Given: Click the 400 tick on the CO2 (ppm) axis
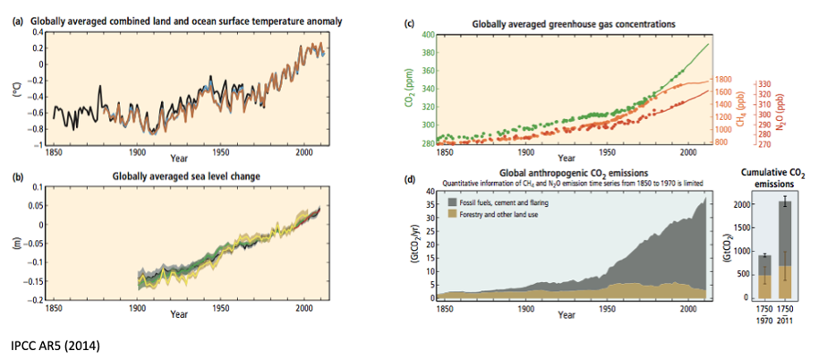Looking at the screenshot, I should coord(428,35).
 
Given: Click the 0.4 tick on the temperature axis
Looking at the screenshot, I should coord(37,31).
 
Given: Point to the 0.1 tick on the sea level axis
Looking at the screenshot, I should coord(37,188).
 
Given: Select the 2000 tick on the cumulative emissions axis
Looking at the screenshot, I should coord(738,204).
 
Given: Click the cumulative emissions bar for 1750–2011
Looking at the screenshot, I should coord(784,251).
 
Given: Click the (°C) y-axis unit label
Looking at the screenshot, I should coord(15,88).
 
